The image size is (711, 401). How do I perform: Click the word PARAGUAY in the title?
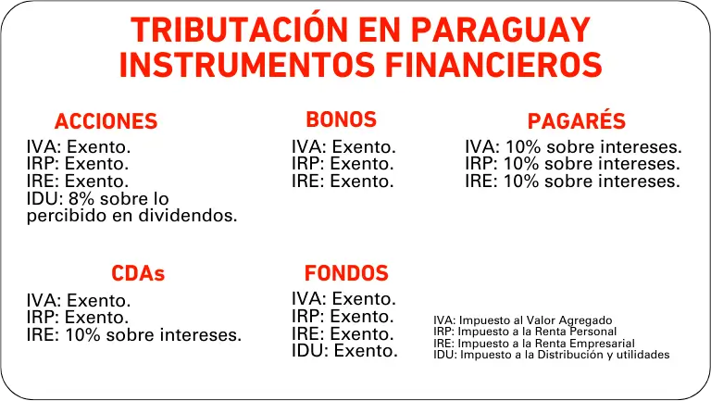click(x=501, y=30)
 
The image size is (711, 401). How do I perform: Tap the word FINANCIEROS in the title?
click(x=493, y=65)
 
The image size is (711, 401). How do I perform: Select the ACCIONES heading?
click(x=106, y=121)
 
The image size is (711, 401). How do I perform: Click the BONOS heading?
click(x=341, y=119)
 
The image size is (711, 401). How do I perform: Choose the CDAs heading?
click(x=138, y=273)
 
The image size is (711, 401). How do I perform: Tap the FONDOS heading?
click(x=346, y=273)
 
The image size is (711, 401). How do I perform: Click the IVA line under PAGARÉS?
click(x=573, y=147)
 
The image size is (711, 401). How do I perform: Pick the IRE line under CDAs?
click(x=133, y=334)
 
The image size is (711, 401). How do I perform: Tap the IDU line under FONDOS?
click(x=344, y=351)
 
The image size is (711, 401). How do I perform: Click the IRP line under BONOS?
click(x=343, y=164)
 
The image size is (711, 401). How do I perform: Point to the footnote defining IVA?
click(x=522, y=320)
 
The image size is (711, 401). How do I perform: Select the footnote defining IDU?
click(x=551, y=355)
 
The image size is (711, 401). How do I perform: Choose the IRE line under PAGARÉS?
click(x=572, y=182)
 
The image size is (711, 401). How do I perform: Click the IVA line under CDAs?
click(x=79, y=301)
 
